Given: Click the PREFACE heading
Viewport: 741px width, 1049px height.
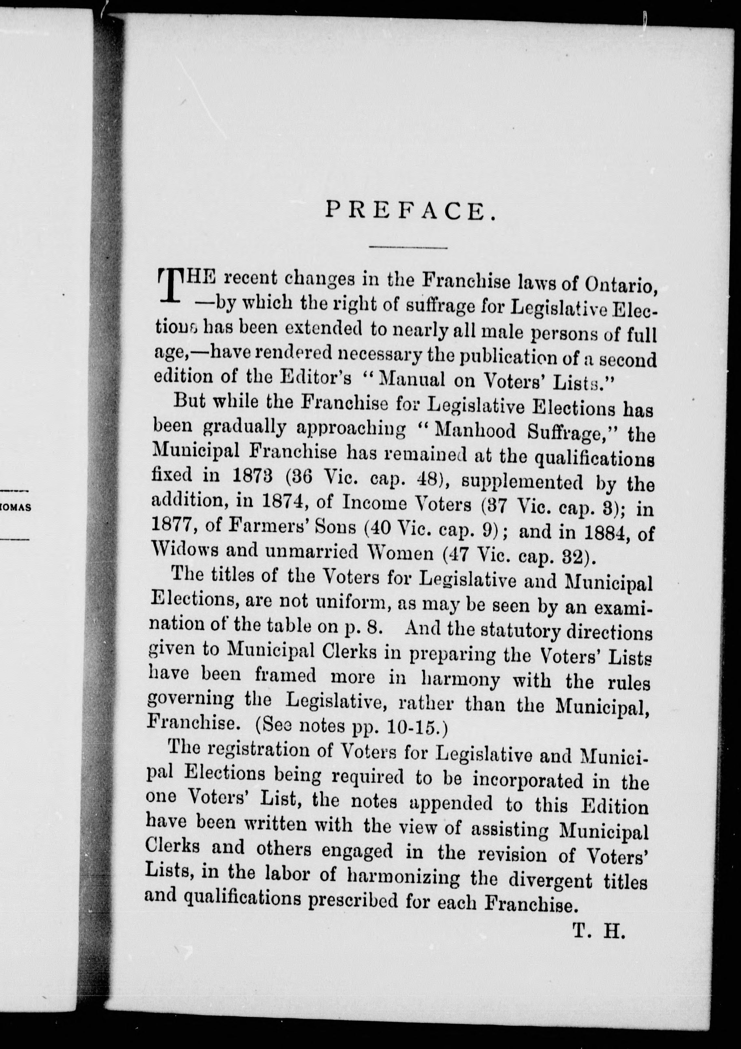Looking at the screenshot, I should tap(410, 211).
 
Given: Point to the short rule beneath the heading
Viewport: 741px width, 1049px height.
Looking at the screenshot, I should tap(408, 247).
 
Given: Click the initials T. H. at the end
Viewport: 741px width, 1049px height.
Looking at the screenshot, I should tap(598, 929).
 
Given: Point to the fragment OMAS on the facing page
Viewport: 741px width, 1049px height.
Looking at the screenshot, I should tap(15, 508).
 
